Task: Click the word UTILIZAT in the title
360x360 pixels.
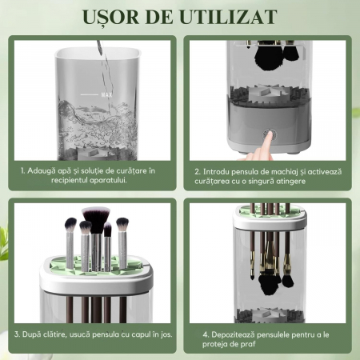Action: click(x=228, y=17)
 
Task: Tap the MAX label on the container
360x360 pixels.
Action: click(x=106, y=94)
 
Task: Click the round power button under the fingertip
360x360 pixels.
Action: click(x=270, y=134)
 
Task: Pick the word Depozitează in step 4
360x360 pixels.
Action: click(x=233, y=334)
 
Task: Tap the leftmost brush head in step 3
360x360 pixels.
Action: click(x=70, y=225)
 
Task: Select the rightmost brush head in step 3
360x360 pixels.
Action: click(x=122, y=225)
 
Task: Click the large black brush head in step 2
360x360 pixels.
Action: click(x=265, y=56)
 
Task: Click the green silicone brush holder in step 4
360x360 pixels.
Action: click(x=269, y=210)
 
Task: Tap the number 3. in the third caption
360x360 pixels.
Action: click(x=17, y=334)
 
